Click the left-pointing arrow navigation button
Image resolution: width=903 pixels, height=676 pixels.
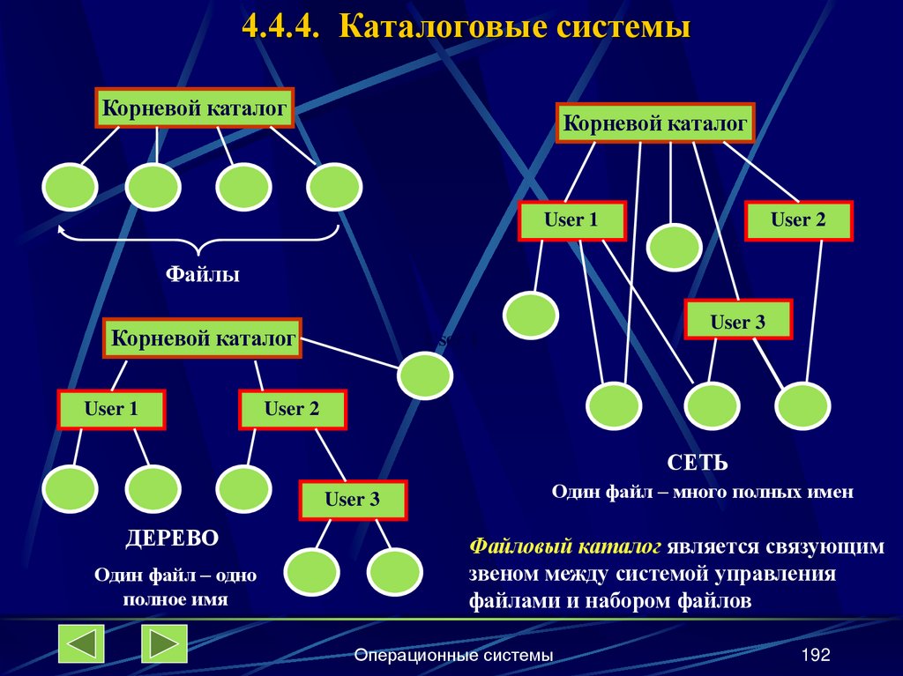click(x=81, y=643)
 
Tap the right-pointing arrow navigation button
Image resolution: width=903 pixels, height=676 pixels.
click(x=164, y=643)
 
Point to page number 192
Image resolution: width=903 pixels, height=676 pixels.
click(x=816, y=655)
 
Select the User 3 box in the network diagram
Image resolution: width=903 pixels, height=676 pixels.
click(x=738, y=322)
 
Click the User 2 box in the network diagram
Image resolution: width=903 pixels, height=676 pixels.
click(x=798, y=220)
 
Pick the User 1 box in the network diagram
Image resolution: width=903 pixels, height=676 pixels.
click(x=571, y=220)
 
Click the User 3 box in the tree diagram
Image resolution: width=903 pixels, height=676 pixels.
click(x=353, y=500)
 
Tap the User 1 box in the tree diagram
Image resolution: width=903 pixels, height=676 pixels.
click(x=111, y=409)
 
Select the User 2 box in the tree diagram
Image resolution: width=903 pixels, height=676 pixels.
click(x=292, y=409)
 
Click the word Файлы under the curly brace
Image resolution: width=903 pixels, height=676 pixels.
click(x=204, y=275)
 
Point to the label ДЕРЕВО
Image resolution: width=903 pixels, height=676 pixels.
click(x=172, y=538)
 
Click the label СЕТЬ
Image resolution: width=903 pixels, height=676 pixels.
click(x=697, y=463)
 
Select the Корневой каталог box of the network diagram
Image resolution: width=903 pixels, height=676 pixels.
click(x=654, y=123)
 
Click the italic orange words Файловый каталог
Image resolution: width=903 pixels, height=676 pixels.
click(x=565, y=546)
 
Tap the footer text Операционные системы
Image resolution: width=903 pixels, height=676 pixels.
click(x=453, y=655)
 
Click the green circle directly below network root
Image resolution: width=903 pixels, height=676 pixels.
click(x=674, y=247)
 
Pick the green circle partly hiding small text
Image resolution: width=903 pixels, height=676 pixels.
click(x=425, y=375)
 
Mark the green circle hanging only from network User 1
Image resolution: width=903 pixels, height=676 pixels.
click(x=531, y=314)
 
